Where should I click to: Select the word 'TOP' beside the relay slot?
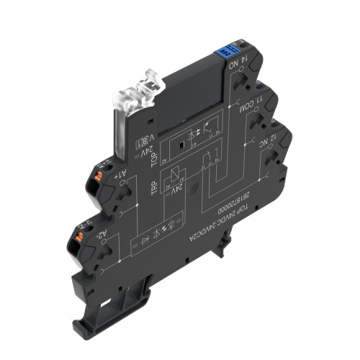tap(153, 156)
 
